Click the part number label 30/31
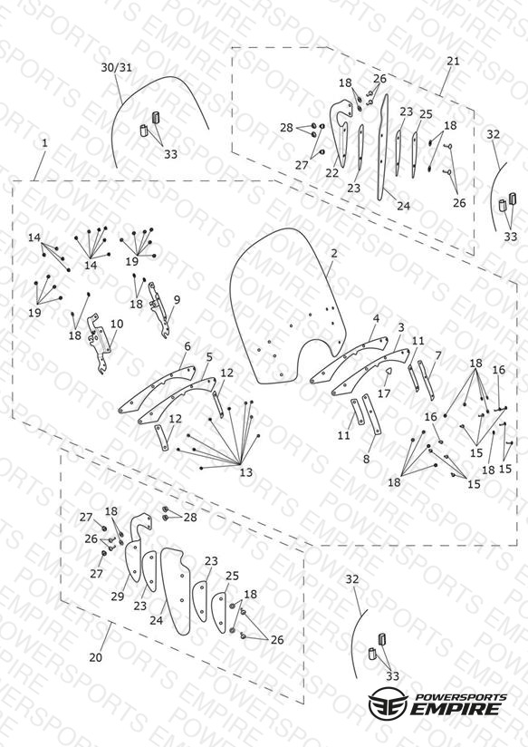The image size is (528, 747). coord(116,68)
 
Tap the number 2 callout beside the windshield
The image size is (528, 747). coord(334,254)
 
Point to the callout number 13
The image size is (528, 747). coord(245,472)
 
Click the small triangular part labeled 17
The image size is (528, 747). coord(388,373)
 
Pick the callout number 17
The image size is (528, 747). coord(384,393)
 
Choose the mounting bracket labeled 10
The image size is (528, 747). coord(99,343)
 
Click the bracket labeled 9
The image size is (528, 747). coord(158,310)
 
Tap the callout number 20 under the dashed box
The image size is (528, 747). coord(95,657)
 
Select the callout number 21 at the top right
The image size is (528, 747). coord(453,61)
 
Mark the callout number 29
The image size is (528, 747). coord(118,596)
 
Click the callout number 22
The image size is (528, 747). coord(331,173)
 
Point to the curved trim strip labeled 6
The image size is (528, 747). coord(157,389)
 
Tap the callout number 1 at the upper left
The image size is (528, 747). coord(44,143)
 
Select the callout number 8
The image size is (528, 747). coord(366,459)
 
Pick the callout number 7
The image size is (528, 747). coord(438,356)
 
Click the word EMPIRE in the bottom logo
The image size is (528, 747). coord(456,709)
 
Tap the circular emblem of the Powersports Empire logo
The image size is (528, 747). coord(389,703)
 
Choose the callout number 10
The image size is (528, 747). coord(117,324)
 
